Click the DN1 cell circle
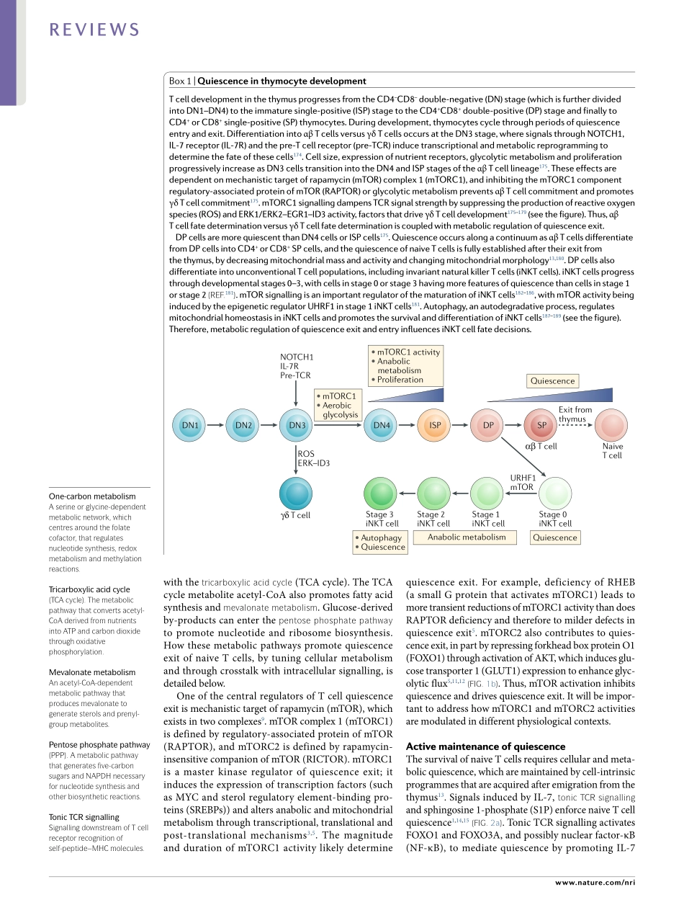tap(190, 425)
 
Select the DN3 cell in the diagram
tap(297, 425)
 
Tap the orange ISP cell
tap(435, 425)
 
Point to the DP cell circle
tap(488, 425)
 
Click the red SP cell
tap(541, 425)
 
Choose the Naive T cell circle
tap(611, 425)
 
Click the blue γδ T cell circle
tap(296, 494)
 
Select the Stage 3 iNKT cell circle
tap(381, 494)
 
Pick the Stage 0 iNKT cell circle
tap(554, 494)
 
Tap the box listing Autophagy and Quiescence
tap(380, 543)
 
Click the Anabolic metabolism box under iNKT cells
tap(467, 537)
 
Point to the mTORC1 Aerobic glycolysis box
tap(340, 405)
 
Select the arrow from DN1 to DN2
tap(217, 425)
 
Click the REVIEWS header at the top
tap(94, 30)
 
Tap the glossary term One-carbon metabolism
tap(92, 496)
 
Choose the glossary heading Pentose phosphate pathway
tap(99, 744)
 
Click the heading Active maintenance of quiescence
tap(485, 746)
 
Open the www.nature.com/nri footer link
tap(595, 882)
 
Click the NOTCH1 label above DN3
tap(297, 357)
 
